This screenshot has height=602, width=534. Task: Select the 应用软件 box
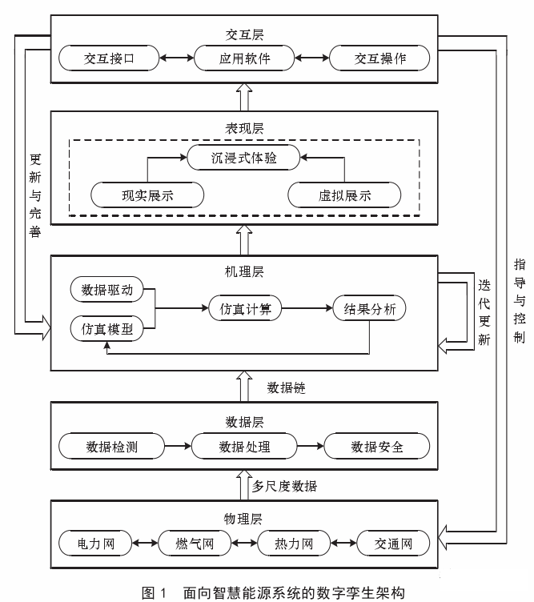click(x=245, y=58)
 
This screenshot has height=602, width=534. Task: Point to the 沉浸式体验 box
click(x=244, y=158)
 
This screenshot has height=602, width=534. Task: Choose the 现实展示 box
click(x=147, y=195)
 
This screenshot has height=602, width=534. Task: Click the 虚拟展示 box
click(x=344, y=195)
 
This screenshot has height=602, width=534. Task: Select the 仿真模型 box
click(x=107, y=328)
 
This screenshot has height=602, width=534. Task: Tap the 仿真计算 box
click(x=245, y=309)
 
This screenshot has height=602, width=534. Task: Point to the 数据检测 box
click(x=112, y=446)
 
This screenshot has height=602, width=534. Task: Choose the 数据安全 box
click(x=377, y=446)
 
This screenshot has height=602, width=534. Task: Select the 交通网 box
click(x=394, y=544)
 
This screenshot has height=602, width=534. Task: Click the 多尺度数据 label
click(x=284, y=486)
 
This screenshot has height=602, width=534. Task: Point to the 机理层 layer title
click(x=245, y=271)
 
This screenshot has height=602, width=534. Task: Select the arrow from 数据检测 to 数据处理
click(x=177, y=446)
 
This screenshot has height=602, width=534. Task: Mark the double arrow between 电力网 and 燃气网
click(x=147, y=544)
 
